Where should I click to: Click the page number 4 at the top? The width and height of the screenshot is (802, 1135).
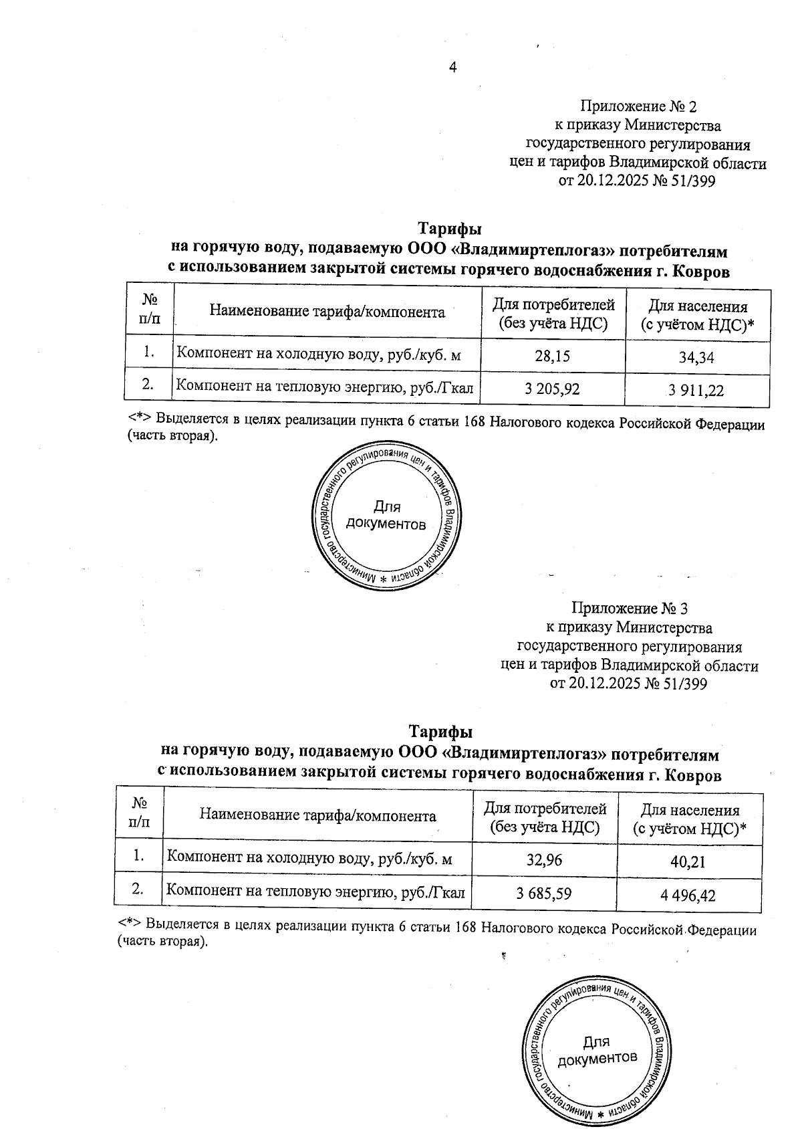point(452,68)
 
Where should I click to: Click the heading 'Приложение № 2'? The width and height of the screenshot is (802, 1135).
point(638,106)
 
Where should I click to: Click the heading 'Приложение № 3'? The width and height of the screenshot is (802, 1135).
point(630,609)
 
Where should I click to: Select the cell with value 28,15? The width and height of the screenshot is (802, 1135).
point(552,356)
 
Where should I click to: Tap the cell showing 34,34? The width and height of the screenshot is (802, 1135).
point(696,358)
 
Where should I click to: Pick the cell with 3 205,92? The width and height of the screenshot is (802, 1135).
point(552,389)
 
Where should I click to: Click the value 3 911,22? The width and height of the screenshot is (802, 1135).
point(696,391)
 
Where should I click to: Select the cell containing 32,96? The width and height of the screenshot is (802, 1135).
point(544,859)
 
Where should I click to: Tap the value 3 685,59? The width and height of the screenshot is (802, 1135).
point(544,892)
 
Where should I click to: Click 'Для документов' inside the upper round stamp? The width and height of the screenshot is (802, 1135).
point(386,516)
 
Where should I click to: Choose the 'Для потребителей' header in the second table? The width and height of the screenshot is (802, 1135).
point(545,817)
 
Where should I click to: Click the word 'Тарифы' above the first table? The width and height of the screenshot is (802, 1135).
point(449,229)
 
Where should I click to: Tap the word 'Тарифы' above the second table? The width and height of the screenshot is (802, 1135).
point(440,731)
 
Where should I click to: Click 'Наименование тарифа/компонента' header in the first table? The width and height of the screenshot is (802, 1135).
point(327,311)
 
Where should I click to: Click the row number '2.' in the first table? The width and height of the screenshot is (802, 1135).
point(149,385)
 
